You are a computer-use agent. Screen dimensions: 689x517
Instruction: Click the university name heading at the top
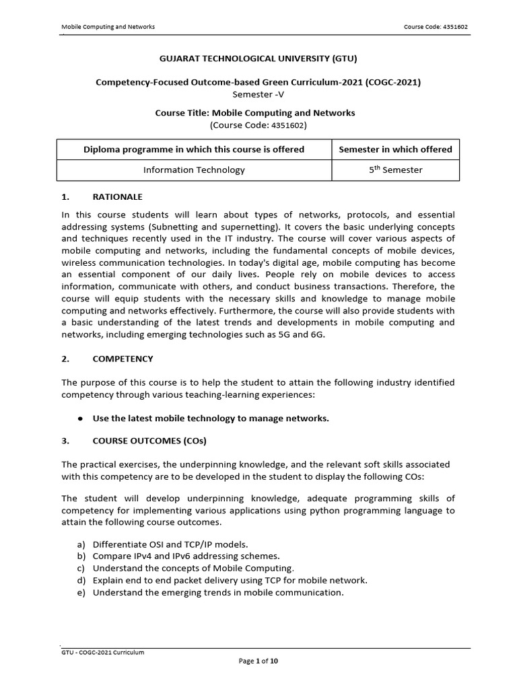pos(258,59)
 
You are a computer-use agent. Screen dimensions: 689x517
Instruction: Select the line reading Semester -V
pos(258,94)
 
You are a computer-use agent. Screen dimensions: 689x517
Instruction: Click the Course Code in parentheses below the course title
pos(258,125)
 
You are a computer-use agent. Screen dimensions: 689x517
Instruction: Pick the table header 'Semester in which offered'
pos(395,149)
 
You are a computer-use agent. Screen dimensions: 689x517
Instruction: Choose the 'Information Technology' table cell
pos(194,170)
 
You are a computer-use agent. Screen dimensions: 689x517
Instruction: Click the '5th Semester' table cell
pos(395,170)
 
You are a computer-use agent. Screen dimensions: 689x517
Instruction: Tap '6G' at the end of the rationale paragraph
pos(317,334)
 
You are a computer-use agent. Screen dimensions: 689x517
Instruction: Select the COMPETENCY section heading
pos(123,359)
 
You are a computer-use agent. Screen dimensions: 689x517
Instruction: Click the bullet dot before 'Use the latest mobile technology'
pos(80,419)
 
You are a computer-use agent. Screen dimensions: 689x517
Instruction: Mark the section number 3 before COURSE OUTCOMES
pos(65,441)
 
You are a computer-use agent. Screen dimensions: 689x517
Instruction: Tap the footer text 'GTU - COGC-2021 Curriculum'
pos(103,652)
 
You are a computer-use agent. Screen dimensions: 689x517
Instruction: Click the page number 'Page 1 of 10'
pos(258,661)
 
